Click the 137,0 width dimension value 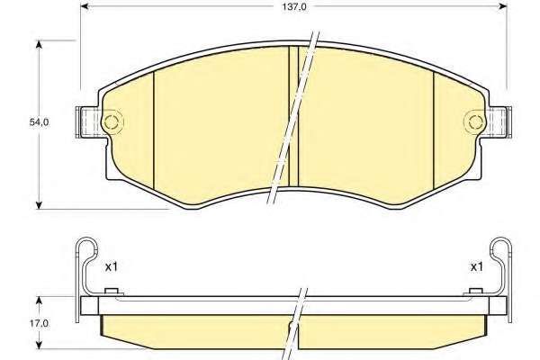coord(294,7)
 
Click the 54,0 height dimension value coord(39,122)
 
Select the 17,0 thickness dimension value coord(39,323)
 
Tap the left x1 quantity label coord(112,266)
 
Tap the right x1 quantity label coord(477,266)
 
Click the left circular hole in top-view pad coord(112,121)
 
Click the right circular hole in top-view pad coord(475,121)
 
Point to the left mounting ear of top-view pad coord(89,122)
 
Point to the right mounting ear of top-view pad coord(499,122)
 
